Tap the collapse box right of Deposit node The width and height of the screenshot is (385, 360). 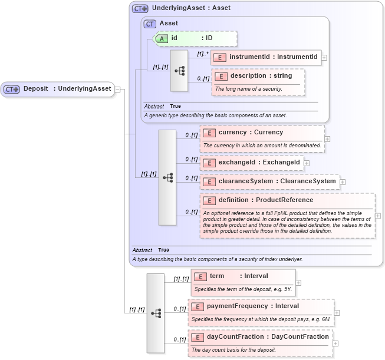(x=117, y=89)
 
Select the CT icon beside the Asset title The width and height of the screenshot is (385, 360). (x=150, y=24)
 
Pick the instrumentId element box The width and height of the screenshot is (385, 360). (x=266, y=57)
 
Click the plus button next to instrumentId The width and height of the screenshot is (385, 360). (x=324, y=57)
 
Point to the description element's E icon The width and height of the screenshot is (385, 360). (x=221, y=76)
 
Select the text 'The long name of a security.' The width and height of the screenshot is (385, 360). (x=248, y=89)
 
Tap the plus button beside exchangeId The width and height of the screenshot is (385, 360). (x=307, y=162)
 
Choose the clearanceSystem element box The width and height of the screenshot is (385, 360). (x=269, y=181)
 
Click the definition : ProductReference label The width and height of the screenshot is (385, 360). (x=266, y=200)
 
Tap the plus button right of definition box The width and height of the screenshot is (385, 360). (x=378, y=216)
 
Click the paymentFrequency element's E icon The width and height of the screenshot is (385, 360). (x=198, y=306)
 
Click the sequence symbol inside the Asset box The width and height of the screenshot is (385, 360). (x=179, y=71)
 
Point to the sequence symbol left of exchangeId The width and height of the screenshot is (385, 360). (x=167, y=177)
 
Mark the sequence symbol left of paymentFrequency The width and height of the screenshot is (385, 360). (x=156, y=313)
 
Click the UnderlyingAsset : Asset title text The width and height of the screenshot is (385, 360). (x=191, y=8)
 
